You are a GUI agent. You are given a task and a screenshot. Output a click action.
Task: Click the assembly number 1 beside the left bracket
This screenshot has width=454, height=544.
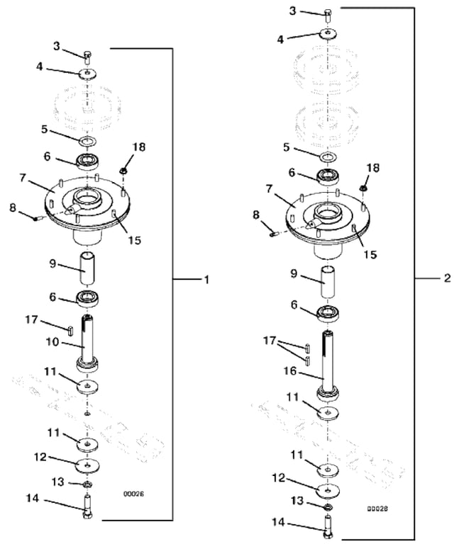(x=206, y=279)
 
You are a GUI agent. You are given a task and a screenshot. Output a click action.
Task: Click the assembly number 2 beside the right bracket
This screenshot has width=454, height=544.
(x=448, y=278)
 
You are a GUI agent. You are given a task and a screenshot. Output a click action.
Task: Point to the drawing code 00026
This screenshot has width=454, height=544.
(x=134, y=494)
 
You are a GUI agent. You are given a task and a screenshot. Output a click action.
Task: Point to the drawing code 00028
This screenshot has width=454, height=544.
(x=377, y=509)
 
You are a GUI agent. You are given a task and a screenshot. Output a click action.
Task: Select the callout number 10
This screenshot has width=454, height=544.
(x=53, y=342)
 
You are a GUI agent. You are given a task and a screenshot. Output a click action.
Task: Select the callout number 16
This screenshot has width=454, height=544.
(x=290, y=371)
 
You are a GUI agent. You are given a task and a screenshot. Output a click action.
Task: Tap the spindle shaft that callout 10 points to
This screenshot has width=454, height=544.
(x=88, y=344)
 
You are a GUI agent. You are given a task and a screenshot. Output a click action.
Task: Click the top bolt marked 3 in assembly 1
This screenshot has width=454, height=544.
(x=87, y=57)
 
